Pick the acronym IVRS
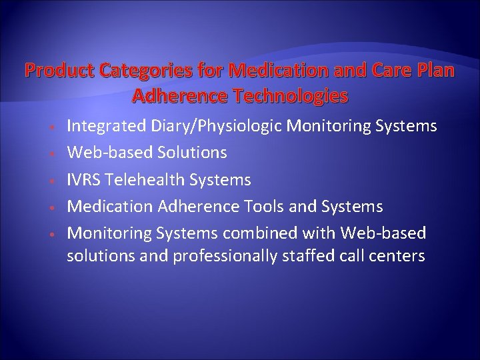click(85, 180)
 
